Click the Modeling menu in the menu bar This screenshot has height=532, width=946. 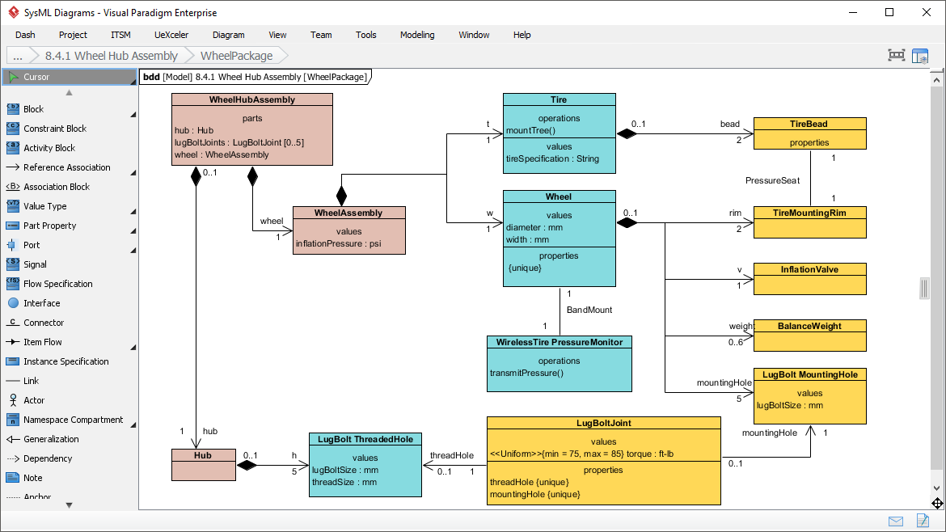416,35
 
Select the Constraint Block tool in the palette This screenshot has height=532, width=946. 54,129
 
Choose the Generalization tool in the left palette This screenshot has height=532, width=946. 51,439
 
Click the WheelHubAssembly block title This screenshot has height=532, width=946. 252,100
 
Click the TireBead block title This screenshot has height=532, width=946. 809,124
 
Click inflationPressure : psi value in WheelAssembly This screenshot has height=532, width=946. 338,244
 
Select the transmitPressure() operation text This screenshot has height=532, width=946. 526,373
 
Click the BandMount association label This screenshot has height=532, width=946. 589,310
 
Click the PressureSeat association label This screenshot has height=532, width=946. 772,180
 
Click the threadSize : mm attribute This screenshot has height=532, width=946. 344,482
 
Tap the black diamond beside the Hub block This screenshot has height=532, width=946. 247,465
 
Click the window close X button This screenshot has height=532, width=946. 925,12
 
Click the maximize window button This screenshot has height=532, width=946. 889,12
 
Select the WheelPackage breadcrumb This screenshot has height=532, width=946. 236,56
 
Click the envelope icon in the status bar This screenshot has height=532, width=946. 896,521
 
